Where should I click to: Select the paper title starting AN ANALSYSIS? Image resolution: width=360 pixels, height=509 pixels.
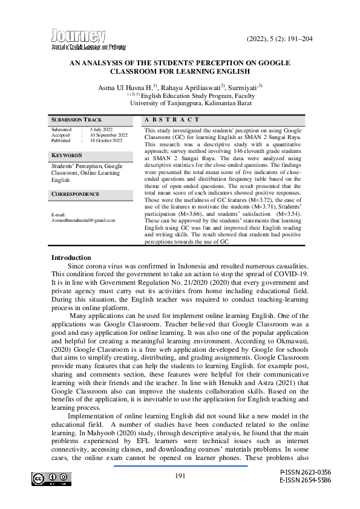[x=180, y=66]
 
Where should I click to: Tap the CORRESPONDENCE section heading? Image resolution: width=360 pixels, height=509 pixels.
[x=75, y=194]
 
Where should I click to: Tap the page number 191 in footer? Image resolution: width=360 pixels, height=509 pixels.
[x=180, y=476]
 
